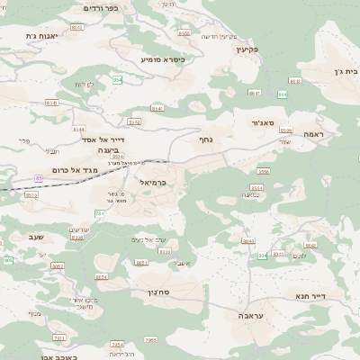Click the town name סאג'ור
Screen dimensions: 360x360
[x=256, y=121]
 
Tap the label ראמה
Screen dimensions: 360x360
[x=313, y=133]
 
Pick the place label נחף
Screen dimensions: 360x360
[x=204, y=139]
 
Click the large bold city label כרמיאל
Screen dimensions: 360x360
[x=149, y=182]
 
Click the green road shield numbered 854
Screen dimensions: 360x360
[x=117, y=80]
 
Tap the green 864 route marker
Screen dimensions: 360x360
[x=283, y=93]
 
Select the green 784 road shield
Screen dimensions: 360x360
[x=99, y=213]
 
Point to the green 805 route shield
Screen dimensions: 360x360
[x=8, y=260]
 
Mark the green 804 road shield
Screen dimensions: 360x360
[x=262, y=256]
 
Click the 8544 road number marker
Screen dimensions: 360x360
[x=102, y=276]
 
